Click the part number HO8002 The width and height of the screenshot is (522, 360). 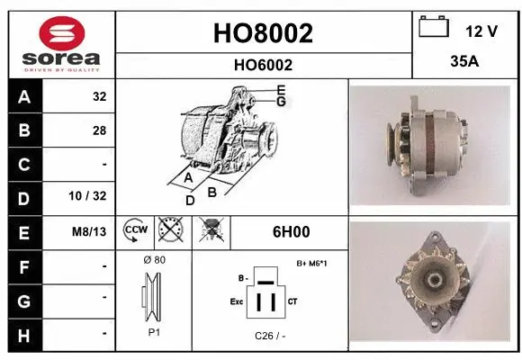[264, 33]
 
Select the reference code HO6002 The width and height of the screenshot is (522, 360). [264, 65]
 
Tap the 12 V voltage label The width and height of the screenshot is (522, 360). [481, 31]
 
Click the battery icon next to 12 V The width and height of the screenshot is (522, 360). [434, 28]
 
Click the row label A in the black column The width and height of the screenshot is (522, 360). [22, 96]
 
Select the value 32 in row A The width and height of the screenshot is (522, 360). [99, 96]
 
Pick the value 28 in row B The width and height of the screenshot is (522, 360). [99, 130]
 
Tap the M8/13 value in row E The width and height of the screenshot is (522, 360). [90, 232]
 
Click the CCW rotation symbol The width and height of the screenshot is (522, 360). [135, 231]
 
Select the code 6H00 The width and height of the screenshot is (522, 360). [291, 232]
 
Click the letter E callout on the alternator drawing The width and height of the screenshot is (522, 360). [281, 90]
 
